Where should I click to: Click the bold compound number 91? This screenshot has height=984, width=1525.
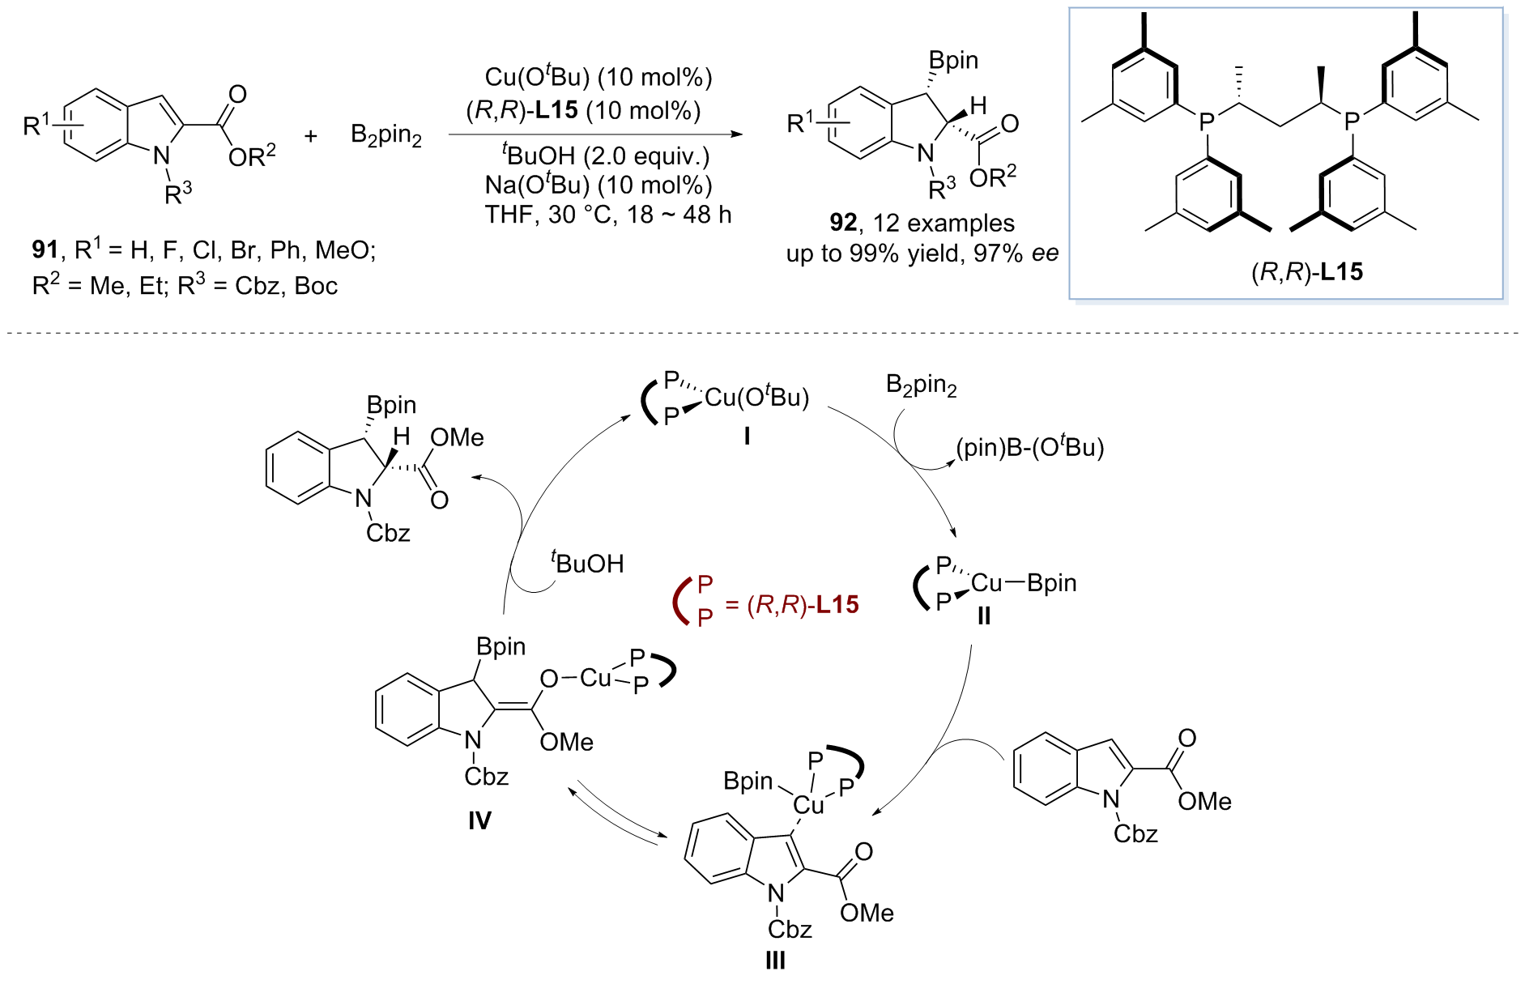point(45,250)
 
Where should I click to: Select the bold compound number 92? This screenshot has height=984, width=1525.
point(843,223)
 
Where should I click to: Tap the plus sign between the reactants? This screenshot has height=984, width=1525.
point(311,136)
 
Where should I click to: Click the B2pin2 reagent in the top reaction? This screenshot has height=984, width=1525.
point(386,135)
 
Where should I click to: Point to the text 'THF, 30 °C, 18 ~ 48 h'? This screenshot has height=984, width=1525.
point(608,215)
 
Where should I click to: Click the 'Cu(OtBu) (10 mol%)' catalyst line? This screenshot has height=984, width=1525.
point(598,77)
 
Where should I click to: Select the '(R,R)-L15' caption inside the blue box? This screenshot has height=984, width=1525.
point(1307,272)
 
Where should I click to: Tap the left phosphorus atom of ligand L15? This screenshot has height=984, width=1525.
point(1207,122)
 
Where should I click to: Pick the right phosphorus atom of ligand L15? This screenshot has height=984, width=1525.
point(1352,122)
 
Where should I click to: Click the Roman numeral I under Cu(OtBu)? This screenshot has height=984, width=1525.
point(747,437)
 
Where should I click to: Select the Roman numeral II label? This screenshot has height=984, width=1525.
point(983,616)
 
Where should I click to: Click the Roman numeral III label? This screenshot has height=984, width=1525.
point(775,961)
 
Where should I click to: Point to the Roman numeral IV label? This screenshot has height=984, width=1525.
point(479,821)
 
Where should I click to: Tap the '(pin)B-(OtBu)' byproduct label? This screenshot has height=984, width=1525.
point(1030,448)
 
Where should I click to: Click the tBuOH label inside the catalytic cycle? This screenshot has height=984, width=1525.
point(588,563)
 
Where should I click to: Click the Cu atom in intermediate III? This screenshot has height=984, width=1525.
point(808,805)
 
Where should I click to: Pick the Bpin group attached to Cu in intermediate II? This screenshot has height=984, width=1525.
point(1051,583)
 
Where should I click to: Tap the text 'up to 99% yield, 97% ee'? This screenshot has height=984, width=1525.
point(922,253)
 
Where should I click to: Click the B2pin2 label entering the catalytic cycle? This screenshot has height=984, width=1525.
point(922,386)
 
